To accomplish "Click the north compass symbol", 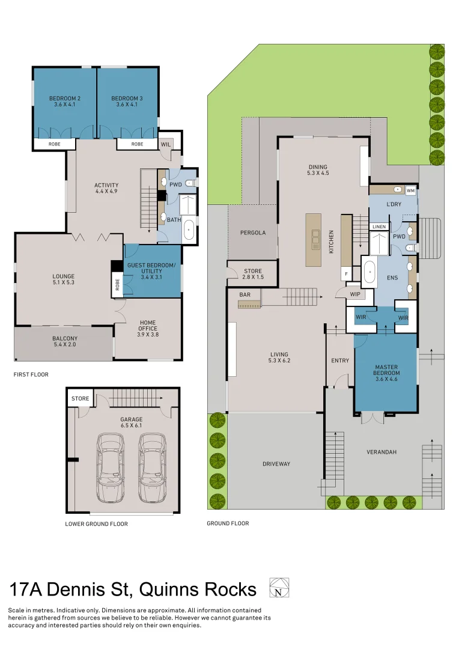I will click(278, 587).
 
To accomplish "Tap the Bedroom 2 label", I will click(65, 98).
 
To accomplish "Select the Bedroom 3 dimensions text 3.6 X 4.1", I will click(127, 105).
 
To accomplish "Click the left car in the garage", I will click(111, 469).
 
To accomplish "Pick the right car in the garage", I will click(151, 469).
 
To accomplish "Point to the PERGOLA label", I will click(253, 233).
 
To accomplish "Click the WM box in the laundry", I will click(411, 190).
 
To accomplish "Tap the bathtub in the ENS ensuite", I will click(369, 272).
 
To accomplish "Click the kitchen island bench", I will click(313, 239).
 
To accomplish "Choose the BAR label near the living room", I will click(245, 295).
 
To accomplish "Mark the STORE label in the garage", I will click(80, 398).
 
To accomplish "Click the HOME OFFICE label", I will click(148, 326).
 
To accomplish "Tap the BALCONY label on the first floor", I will click(65, 338).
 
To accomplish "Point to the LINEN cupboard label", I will click(378, 227).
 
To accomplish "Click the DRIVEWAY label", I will click(276, 464).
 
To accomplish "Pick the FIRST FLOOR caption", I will click(31, 374).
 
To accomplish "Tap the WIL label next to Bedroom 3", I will click(166, 144).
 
